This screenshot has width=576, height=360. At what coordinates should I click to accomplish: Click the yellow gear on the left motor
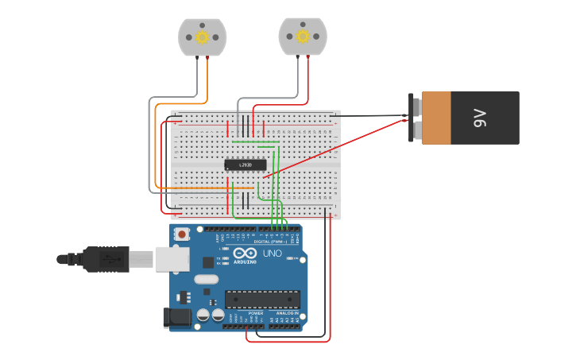(202, 37)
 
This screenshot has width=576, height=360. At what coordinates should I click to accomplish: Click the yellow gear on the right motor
(302, 36)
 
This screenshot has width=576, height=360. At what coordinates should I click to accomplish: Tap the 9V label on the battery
(480, 119)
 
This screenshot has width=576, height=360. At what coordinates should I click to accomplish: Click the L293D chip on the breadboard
(245, 165)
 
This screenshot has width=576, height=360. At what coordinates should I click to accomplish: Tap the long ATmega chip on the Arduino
(262, 299)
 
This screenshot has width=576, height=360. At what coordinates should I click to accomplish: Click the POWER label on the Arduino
(255, 313)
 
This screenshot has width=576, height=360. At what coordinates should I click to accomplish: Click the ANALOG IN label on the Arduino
(287, 313)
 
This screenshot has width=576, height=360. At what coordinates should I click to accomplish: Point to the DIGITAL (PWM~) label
(272, 242)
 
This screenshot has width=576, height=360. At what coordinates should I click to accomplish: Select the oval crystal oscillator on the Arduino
(205, 279)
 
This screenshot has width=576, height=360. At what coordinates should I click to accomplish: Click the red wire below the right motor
(308, 75)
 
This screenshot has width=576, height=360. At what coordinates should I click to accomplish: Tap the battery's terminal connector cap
(414, 118)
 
